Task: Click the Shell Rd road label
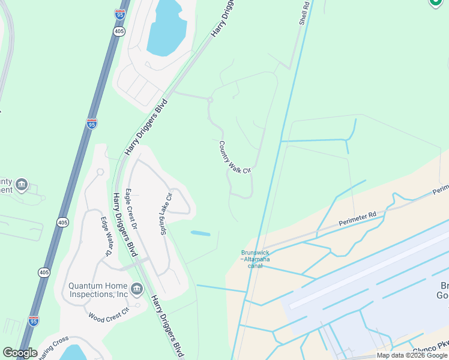click(x=304, y=13)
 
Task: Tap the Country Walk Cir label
click(x=234, y=158)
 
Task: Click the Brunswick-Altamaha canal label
click(x=255, y=259)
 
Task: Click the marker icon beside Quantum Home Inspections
click(x=136, y=290)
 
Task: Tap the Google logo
click(x=20, y=353)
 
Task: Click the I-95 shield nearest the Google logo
click(x=34, y=321)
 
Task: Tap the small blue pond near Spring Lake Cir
click(x=200, y=233)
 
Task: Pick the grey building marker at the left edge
click(x=22, y=184)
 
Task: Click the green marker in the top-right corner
click(x=436, y=3)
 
